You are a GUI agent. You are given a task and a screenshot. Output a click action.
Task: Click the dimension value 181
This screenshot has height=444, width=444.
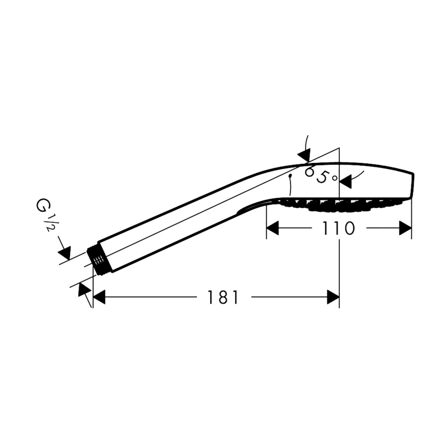[222, 297]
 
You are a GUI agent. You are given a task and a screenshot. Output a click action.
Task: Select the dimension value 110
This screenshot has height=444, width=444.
[338, 228]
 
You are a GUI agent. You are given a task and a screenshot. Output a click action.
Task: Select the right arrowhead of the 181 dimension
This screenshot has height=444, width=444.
[333, 297]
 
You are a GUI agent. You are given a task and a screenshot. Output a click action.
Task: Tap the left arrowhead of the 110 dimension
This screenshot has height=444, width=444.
[273, 228]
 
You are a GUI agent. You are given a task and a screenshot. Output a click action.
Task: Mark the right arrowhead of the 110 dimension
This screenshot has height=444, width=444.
[405, 228]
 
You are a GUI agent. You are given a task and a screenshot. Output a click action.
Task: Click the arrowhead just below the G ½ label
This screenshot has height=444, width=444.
[65, 252]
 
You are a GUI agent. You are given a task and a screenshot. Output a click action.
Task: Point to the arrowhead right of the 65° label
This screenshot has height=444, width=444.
[345, 182]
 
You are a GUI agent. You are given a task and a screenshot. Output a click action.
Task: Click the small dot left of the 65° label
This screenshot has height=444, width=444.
[291, 175]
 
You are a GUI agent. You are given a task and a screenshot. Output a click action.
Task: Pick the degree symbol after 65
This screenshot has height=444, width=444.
[334, 178]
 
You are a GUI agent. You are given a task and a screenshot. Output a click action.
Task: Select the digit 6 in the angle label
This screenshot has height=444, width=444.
[310, 172]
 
